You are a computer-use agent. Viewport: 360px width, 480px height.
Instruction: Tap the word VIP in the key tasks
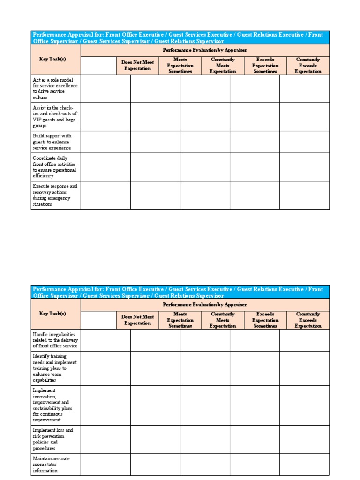(37, 120)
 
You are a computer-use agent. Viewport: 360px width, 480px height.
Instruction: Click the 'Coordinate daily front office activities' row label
(55, 167)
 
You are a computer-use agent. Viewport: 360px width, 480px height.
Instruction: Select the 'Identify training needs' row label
(55, 368)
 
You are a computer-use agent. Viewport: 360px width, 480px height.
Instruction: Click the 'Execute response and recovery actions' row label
(55, 195)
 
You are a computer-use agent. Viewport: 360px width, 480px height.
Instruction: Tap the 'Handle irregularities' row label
(55, 340)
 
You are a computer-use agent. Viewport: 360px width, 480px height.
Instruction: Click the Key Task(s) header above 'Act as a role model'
(52, 59)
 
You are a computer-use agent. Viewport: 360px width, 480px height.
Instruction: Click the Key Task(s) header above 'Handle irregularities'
(52, 314)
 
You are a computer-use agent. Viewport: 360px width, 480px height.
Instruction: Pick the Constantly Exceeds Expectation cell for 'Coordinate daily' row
(304, 167)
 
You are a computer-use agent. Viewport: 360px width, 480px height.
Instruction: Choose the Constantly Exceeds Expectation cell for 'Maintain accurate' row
(304, 464)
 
